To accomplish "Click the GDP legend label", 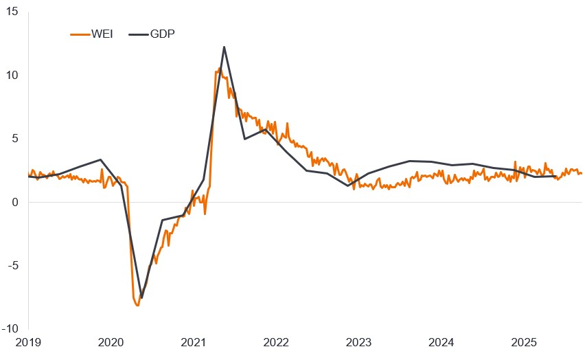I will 161,34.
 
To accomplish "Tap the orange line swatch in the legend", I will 80,34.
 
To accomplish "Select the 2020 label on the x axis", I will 111,342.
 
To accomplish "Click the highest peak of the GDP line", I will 225,47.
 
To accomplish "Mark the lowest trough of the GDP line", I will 141,298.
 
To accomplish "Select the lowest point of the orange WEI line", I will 137,305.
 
